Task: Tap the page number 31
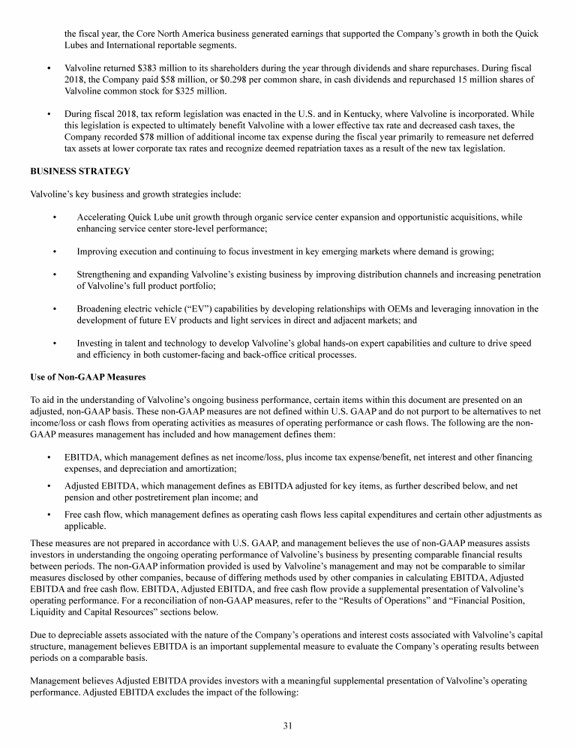click(x=288, y=725)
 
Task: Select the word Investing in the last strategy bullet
click(x=96, y=343)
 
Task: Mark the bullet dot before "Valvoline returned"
click(x=49, y=68)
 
